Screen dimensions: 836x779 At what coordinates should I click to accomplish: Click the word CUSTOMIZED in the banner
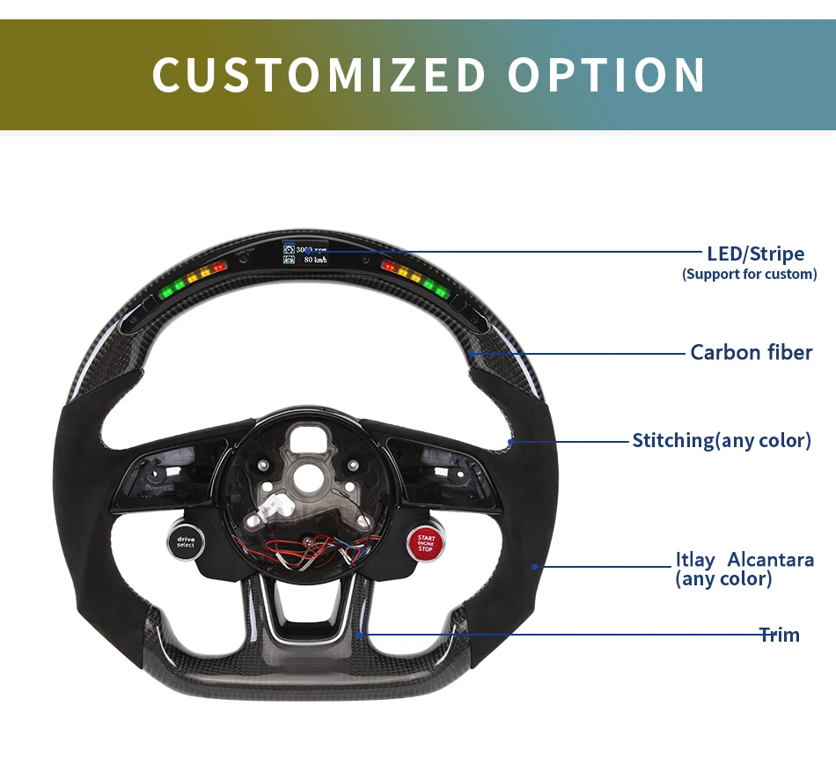click(x=319, y=75)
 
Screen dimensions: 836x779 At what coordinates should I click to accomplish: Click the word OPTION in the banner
click(x=606, y=75)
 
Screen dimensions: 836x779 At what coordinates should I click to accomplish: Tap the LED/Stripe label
click(x=755, y=254)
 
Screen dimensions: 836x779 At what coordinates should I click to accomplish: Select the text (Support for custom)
click(x=749, y=274)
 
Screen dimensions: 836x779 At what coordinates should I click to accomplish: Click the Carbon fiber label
click(x=751, y=353)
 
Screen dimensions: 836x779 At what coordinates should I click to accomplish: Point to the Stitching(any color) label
click(x=721, y=440)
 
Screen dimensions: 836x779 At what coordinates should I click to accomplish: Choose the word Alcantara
click(x=770, y=560)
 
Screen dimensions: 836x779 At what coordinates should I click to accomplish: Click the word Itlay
click(x=694, y=560)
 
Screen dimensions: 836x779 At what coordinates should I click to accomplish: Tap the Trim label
click(x=780, y=635)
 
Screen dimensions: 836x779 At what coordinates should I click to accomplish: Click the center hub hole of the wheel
click(x=308, y=481)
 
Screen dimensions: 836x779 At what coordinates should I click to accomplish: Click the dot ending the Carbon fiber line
click(x=472, y=353)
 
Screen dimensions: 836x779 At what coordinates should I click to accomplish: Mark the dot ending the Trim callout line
click(x=358, y=634)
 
